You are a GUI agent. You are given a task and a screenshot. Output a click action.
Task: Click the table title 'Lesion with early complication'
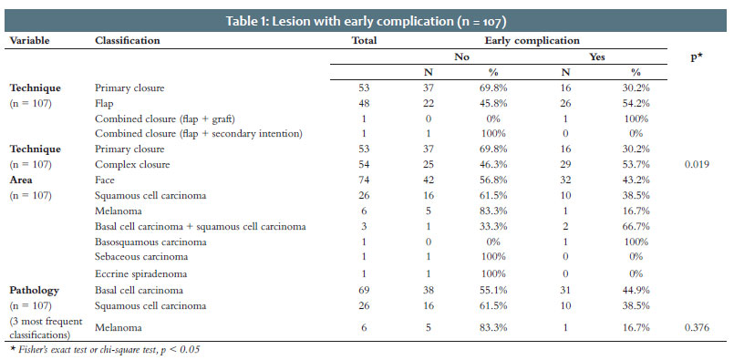367,22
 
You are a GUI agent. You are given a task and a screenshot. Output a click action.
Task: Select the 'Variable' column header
29,41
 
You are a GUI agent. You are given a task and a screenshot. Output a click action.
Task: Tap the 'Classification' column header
128,41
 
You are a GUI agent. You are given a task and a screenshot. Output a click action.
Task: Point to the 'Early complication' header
532,41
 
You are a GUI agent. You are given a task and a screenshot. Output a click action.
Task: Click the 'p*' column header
697,57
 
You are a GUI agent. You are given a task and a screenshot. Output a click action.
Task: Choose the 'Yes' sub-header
597,57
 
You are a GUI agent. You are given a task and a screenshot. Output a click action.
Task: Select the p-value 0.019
697,164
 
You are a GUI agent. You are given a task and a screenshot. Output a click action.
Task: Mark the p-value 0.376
697,328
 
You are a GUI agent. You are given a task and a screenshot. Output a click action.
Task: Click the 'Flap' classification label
104,104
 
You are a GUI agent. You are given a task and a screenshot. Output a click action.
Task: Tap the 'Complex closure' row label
132,165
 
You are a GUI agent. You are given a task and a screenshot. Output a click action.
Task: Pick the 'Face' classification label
105,180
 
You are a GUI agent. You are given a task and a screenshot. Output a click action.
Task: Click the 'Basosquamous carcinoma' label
150,242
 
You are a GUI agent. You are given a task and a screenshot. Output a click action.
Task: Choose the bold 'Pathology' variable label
35,290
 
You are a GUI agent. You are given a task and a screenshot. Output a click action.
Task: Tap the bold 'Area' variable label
21,180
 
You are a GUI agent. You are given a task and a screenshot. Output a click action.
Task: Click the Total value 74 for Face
364,180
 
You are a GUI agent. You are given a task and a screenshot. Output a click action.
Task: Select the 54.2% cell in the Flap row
636,104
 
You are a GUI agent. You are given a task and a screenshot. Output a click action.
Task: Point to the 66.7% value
636,227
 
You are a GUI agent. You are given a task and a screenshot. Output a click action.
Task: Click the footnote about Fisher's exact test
106,350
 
